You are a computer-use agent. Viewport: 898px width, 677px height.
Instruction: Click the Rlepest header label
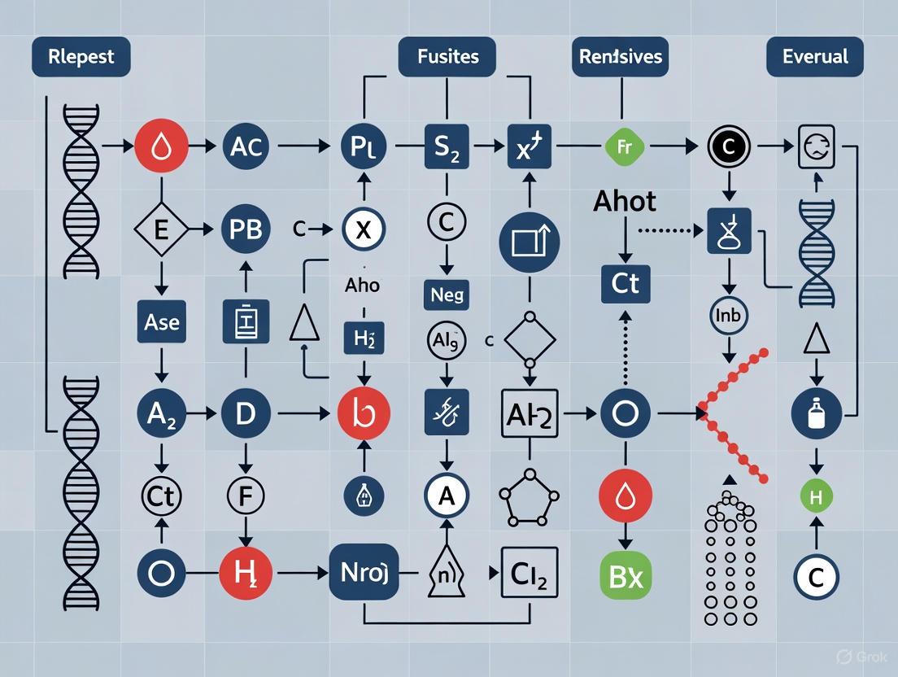[81, 58]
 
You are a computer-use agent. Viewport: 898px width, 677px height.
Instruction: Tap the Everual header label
[814, 58]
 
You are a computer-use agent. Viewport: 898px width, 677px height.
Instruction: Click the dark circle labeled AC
[245, 147]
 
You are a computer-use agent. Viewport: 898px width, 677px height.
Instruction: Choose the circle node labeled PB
[245, 229]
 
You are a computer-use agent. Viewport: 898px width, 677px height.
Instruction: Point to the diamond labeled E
[161, 229]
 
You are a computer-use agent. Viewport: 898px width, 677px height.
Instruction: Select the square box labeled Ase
[161, 322]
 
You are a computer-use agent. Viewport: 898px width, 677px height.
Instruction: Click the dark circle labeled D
[245, 413]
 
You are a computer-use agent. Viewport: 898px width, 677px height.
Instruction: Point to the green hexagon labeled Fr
[626, 147]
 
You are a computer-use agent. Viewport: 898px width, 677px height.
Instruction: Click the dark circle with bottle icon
[815, 413]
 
